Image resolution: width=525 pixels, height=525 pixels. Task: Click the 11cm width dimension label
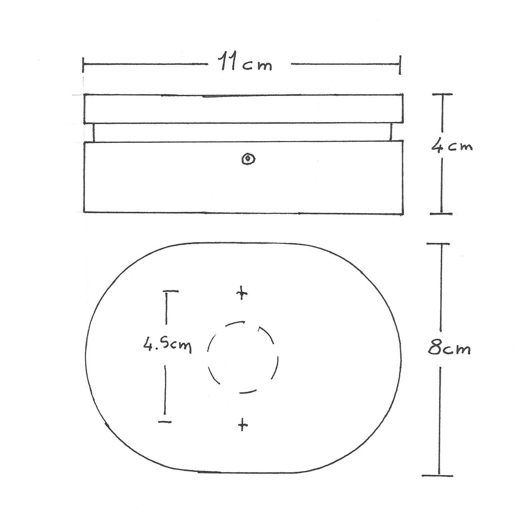pyautogui.click(x=246, y=64)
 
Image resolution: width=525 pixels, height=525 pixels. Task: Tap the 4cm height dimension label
pyautogui.click(x=452, y=146)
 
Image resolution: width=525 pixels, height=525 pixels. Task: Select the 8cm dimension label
pyautogui.click(x=449, y=349)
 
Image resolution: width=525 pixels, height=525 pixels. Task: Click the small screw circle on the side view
pyautogui.click(x=248, y=159)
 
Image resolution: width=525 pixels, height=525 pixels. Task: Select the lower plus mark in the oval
pyautogui.click(x=243, y=426)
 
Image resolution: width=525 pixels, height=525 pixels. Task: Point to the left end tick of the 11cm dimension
pyautogui.click(x=83, y=65)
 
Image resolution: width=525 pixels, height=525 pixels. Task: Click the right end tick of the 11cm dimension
pyautogui.click(x=400, y=65)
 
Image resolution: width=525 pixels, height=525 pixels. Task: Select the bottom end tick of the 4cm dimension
pyautogui.click(x=441, y=213)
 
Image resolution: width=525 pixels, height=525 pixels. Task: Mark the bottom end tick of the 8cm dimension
pyautogui.click(x=437, y=476)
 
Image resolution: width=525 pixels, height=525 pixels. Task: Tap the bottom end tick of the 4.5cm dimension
pyautogui.click(x=165, y=422)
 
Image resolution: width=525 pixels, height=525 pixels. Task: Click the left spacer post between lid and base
pyautogui.click(x=93, y=132)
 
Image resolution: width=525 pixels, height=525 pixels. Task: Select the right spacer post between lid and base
pyautogui.click(x=391, y=132)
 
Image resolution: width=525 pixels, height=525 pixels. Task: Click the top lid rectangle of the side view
pyautogui.click(x=243, y=109)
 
